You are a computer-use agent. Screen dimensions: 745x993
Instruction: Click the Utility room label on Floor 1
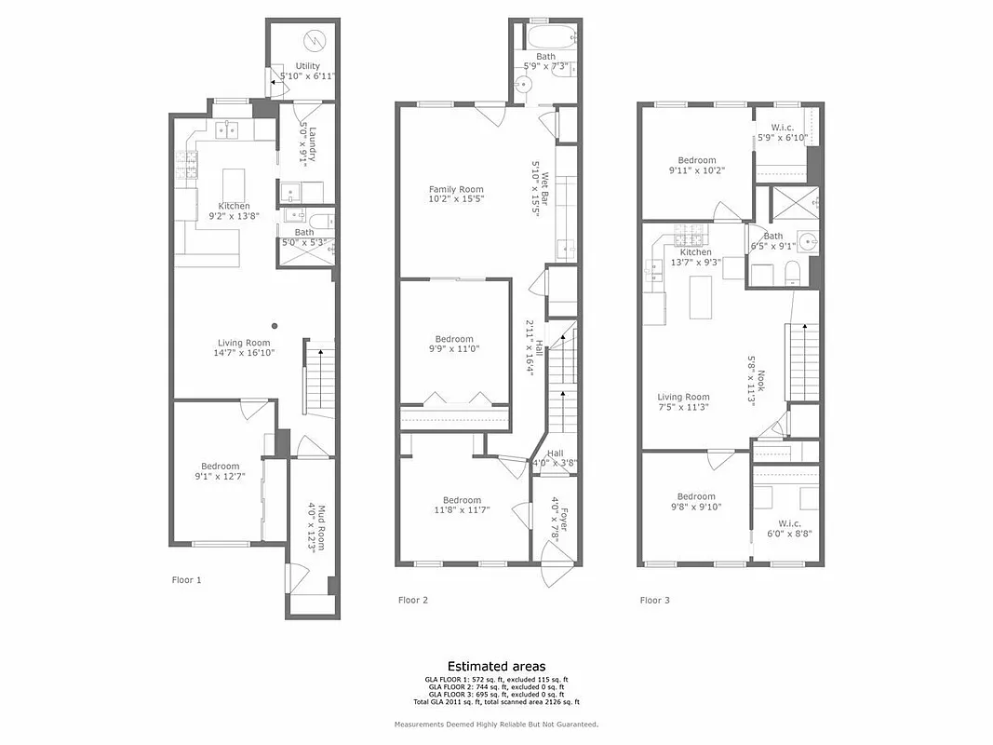(308, 66)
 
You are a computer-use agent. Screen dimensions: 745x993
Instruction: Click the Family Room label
(456, 189)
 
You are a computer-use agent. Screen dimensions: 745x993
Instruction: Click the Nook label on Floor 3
(760, 383)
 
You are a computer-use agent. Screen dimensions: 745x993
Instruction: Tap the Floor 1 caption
(186, 580)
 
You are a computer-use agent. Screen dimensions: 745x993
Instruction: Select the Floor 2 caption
(413, 600)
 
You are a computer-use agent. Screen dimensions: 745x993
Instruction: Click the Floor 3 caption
(654, 600)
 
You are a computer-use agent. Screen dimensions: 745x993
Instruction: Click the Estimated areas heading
(496, 666)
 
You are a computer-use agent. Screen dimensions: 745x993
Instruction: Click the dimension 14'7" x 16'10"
(245, 353)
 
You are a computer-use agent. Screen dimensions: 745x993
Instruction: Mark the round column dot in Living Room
(275, 326)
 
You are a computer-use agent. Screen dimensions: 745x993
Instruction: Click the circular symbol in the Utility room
(315, 40)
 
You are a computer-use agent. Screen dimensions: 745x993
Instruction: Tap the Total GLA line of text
(496, 702)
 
